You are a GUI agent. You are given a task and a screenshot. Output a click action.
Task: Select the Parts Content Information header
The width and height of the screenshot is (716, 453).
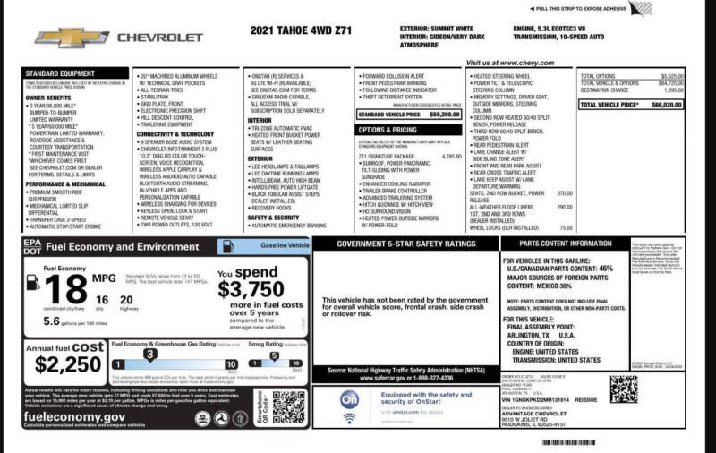tap(566, 243)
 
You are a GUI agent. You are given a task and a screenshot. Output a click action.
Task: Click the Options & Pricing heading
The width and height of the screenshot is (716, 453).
tap(388, 130)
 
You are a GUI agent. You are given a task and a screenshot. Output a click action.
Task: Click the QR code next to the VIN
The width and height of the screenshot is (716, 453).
tap(623, 389)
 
